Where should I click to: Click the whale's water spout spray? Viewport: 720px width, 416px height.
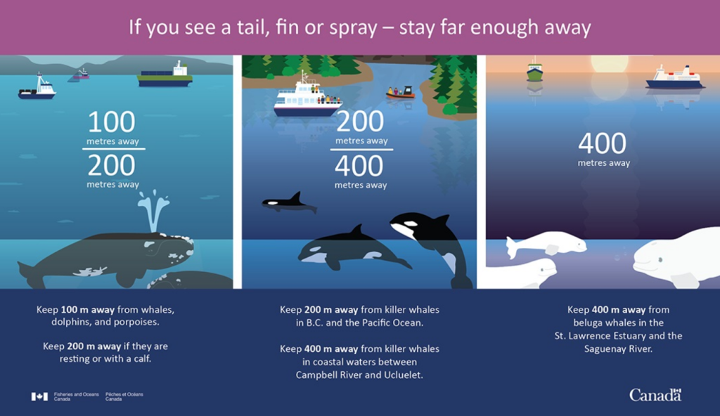153,207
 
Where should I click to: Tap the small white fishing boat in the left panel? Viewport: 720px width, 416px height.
37,89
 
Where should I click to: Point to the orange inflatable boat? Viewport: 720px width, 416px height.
400,93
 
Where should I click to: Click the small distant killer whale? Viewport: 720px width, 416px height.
288,203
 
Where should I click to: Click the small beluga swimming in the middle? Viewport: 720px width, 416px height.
546,244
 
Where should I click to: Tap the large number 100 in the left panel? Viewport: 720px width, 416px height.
112,122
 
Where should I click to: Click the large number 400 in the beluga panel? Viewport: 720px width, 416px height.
603,144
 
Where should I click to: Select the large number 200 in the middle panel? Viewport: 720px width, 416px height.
361,122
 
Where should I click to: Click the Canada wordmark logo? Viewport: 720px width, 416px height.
655,395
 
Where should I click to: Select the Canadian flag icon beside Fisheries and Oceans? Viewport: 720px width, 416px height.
39,396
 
